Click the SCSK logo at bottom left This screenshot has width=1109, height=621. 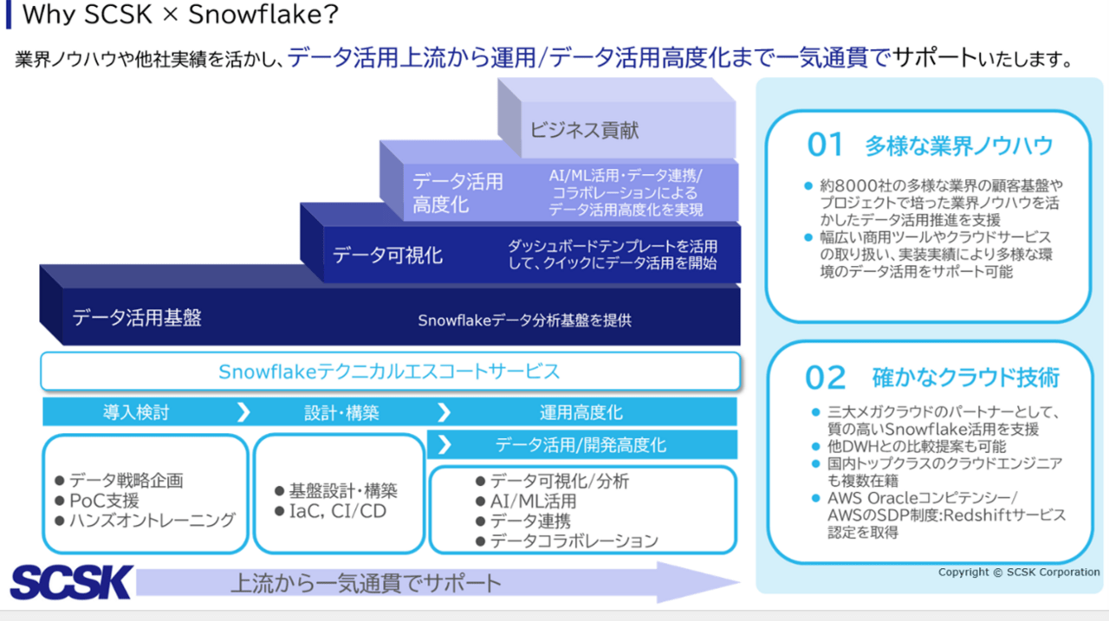tap(72, 582)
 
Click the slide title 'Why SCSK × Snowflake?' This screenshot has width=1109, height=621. tap(180, 15)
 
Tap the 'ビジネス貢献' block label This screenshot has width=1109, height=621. tap(584, 130)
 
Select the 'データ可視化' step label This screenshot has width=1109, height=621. tap(387, 256)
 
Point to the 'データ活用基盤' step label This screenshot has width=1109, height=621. tap(137, 318)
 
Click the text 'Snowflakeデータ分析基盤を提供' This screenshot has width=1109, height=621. tap(524, 320)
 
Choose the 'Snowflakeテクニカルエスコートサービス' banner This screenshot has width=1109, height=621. tap(390, 371)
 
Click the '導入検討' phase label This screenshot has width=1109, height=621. tap(136, 412)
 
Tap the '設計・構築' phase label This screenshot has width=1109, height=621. tap(341, 412)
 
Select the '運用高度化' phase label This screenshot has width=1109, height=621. tap(580, 412)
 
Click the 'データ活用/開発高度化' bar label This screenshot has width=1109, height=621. tap(580, 445)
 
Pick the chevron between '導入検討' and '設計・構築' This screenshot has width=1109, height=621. tap(243, 412)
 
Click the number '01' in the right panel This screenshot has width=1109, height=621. tap(825, 145)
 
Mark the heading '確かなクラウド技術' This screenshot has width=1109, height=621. tap(965, 378)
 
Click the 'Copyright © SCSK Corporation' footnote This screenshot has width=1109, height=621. tap(1019, 572)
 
